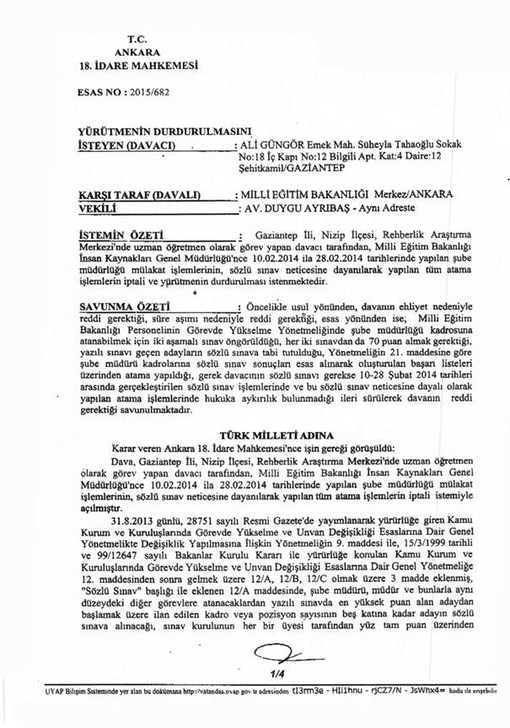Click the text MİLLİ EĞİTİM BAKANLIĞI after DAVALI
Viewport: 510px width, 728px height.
click(319, 192)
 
